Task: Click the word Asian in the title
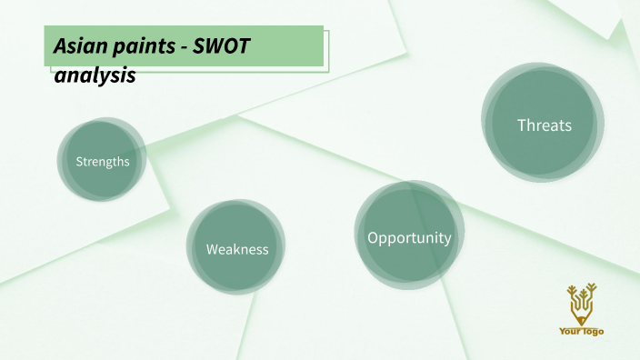(76, 45)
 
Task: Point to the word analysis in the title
(95, 75)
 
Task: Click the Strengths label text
(103, 162)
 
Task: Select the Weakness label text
(237, 249)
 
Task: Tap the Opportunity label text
(409, 238)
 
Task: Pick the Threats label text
(545, 125)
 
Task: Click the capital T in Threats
(522, 125)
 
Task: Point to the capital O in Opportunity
(374, 238)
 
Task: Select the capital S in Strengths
(79, 162)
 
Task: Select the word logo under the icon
(593, 332)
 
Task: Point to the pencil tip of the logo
(581, 322)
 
